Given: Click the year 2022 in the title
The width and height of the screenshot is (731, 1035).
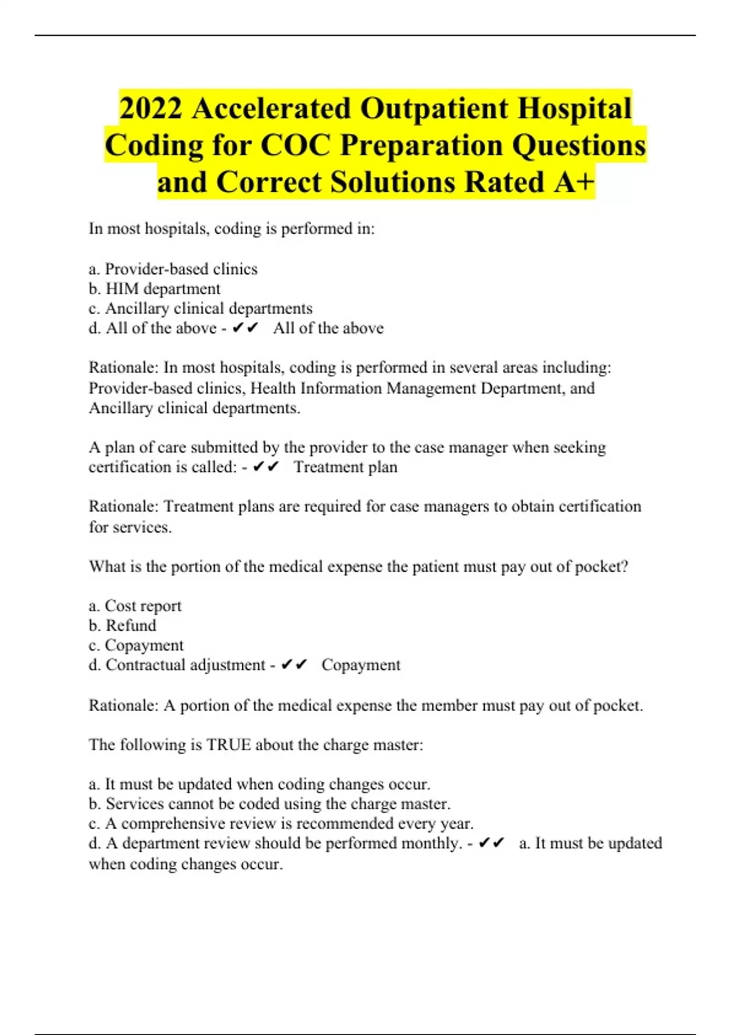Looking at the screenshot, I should (x=150, y=109).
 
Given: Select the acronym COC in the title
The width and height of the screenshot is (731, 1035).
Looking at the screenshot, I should (x=296, y=146).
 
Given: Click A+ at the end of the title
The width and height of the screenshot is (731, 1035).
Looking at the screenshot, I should (x=574, y=182).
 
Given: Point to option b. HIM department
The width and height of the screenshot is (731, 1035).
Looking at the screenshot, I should (x=154, y=289).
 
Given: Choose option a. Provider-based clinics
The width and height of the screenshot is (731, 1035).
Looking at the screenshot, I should (x=173, y=269).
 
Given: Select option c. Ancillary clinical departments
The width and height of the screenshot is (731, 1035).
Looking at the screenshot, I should (x=200, y=308).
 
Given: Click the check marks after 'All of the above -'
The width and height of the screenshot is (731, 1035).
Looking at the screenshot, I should (x=245, y=328).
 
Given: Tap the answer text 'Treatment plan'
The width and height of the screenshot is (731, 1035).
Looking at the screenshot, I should (x=345, y=467).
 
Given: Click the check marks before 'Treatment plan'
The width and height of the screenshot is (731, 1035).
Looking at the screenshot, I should (x=266, y=467).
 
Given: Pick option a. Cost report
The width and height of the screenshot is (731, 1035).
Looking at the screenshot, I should (x=135, y=606).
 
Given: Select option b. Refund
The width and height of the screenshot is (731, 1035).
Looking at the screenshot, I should (x=122, y=625).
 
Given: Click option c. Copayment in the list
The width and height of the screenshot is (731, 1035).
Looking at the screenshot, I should (x=136, y=645).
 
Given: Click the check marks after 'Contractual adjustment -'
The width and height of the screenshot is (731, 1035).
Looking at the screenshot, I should (x=294, y=665).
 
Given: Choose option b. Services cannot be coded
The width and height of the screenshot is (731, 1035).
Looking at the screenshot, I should (x=269, y=804).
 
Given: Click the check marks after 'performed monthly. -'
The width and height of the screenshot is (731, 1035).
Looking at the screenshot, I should (x=492, y=843).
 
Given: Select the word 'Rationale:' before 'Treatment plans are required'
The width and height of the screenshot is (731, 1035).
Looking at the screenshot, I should (x=124, y=507).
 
